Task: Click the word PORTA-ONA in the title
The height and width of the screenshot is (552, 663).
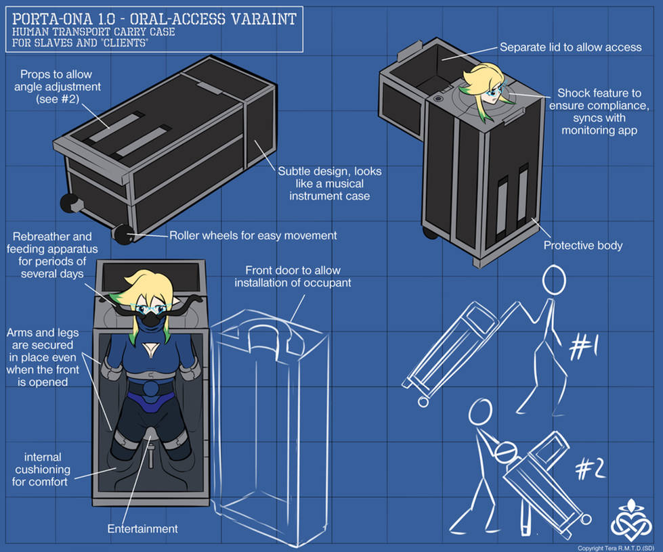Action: click(52, 19)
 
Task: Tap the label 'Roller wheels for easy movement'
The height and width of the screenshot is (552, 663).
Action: click(253, 235)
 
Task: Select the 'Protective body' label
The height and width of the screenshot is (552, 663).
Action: click(582, 246)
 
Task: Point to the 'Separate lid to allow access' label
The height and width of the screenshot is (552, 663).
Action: click(570, 47)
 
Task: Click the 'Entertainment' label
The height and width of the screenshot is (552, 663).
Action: click(142, 529)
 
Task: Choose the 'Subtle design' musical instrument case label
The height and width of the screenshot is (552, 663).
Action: click(329, 184)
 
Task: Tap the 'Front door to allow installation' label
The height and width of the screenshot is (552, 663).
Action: click(293, 277)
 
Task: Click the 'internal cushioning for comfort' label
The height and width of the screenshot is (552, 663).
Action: click(41, 469)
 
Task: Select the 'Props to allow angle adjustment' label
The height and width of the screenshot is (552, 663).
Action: click(57, 87)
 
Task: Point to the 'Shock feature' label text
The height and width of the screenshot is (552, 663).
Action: click(599, 112)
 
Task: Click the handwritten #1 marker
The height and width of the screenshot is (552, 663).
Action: click(583, 348)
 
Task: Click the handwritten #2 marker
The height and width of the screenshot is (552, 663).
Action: click(591, 468)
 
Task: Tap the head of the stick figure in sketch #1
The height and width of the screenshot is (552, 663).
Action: click(554, 280)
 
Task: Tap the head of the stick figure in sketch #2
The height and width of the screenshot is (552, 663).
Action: click(480, 412)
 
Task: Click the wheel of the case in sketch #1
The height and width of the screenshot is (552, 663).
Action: click(423, 401)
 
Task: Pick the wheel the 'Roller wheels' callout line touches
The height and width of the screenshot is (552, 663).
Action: click(123, 235)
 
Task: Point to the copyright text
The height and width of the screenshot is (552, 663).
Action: click(616, 548)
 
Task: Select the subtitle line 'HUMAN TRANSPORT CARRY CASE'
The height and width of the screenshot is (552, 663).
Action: click(93, 32)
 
